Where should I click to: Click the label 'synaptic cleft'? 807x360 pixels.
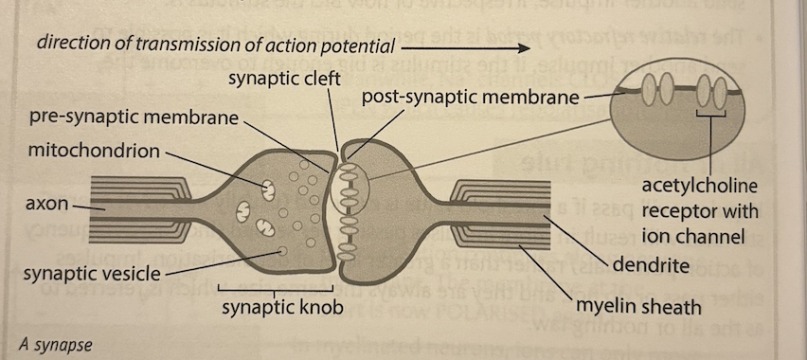284,77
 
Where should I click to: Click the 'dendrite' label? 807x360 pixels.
649,264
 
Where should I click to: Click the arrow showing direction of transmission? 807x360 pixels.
469,44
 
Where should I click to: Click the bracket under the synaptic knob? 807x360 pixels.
275,288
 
